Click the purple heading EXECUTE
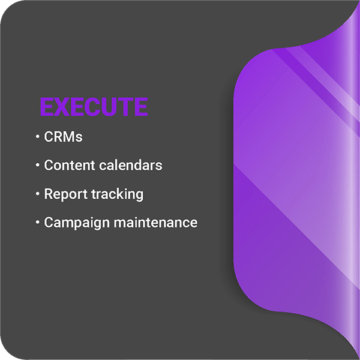pos(94,107)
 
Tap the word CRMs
pos(63,137)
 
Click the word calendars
pos(131,165)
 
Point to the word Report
pos(66,194)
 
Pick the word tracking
pos(118,194)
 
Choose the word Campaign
pos(77,223)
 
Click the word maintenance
pos(155,222)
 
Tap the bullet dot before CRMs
pos(37,137)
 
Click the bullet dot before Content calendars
pos(37,165)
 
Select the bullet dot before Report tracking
pos(37,194)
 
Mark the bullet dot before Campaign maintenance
pos(37,222)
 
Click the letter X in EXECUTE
pos(62,107)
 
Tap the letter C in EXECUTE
pos(92,107)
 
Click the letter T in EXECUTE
pos(125,107)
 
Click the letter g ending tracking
pos(140,196)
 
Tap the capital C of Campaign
pos(48,222)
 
